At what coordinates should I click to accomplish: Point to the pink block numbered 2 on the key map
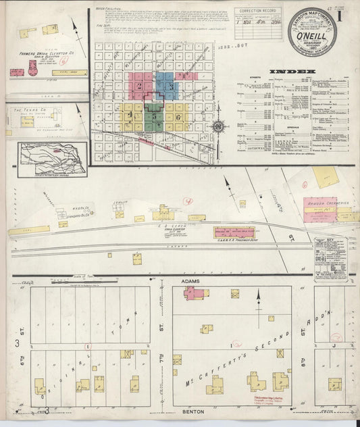[x=140, y=86]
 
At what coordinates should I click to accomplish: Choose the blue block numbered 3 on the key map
[x=171, y=86]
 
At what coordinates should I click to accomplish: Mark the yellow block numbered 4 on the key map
[x=130, y=116]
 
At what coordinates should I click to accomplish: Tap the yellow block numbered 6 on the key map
[x=178, y=117]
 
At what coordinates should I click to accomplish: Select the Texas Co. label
[x=33, y=109]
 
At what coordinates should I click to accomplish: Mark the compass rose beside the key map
[x=219, y=126]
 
